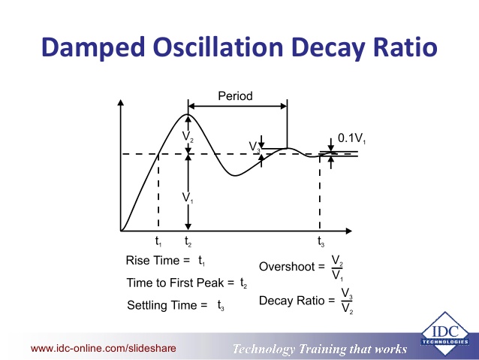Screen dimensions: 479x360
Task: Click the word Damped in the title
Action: click(x=93, y=47)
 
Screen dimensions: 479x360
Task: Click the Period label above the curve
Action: click(x=235, y=96)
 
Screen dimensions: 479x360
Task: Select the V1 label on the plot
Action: click(x=188, y=198)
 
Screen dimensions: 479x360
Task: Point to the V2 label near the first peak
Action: click(x=188, y=137)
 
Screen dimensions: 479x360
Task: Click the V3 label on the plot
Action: click(x=255, y=147)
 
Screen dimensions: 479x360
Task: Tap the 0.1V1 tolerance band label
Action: click(x=351, y=138)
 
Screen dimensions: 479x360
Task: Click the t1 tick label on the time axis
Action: click(x=158, y=241)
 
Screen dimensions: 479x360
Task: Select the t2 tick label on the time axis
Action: click(x=188, y=241)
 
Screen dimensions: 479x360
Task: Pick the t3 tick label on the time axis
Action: click(x=321, y=241)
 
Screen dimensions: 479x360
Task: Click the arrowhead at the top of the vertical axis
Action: click(x=121, y=102)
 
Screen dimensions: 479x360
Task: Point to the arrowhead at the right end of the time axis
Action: click(x=349, y=231)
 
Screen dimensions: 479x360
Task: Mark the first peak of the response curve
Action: click(x=188, y=114)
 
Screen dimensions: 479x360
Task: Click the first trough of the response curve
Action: click(x=234, y=176)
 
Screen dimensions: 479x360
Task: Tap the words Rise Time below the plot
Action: click(x=152, y=261)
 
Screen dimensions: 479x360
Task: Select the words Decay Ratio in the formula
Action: click(x=292, y=301)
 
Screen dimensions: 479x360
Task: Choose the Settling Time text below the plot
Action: click(x=162, y=305)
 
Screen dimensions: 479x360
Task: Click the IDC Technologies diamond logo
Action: click(x=445, y=334)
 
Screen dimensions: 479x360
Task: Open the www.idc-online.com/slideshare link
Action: click(x=104, y=349)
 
